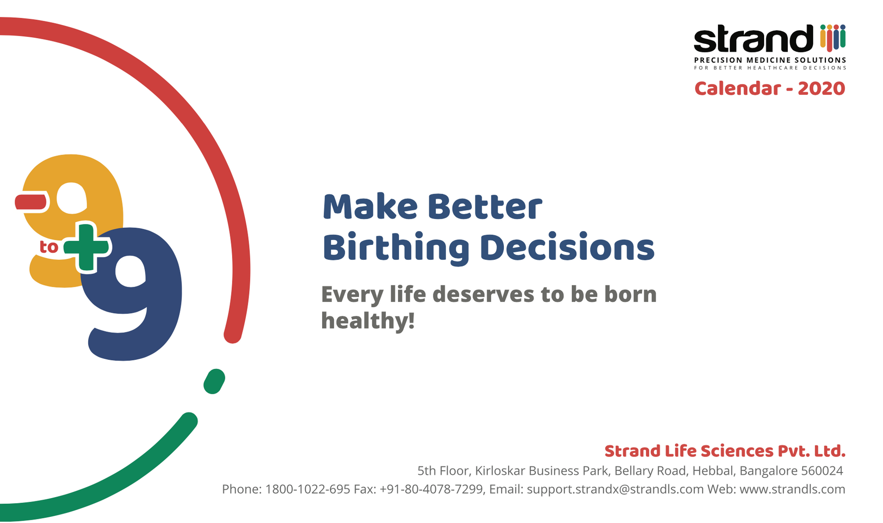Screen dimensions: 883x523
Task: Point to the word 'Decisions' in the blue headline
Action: [x=567, y=247]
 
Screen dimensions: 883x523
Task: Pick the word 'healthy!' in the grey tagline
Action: [x=368, y=320]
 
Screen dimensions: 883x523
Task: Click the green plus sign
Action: [x=86, y=247]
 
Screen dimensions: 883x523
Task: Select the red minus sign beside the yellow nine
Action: [x=31, y=202]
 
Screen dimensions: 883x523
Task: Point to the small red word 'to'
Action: [x=49, y=247]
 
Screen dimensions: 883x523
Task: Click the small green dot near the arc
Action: [x=214, y=381]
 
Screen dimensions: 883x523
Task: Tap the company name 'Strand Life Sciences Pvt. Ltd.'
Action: [x=725, y=451]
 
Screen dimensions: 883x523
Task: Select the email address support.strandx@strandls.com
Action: [x=615, y=490]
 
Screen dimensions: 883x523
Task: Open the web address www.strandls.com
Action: [x=792, y=489]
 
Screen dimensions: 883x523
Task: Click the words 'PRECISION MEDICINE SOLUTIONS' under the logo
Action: [x=770, y=60]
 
